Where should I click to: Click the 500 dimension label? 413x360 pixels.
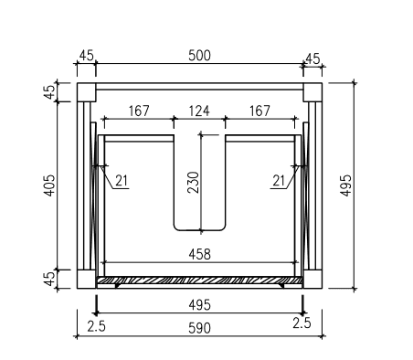click(199, 56)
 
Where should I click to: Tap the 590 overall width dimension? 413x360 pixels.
click(199, 328)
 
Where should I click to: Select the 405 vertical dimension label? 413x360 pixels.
click(49, 185)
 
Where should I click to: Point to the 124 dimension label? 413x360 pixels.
click(199, 111)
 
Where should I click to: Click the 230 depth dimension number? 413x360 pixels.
click(194, 182)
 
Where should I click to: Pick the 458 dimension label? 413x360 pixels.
click(199, 254)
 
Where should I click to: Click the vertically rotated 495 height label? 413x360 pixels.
click(345, 185)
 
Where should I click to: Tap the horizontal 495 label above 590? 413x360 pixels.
click(199, 305)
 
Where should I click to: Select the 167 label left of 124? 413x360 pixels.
click(139, 111)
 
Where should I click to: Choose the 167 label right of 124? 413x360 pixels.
click(259, 111)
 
